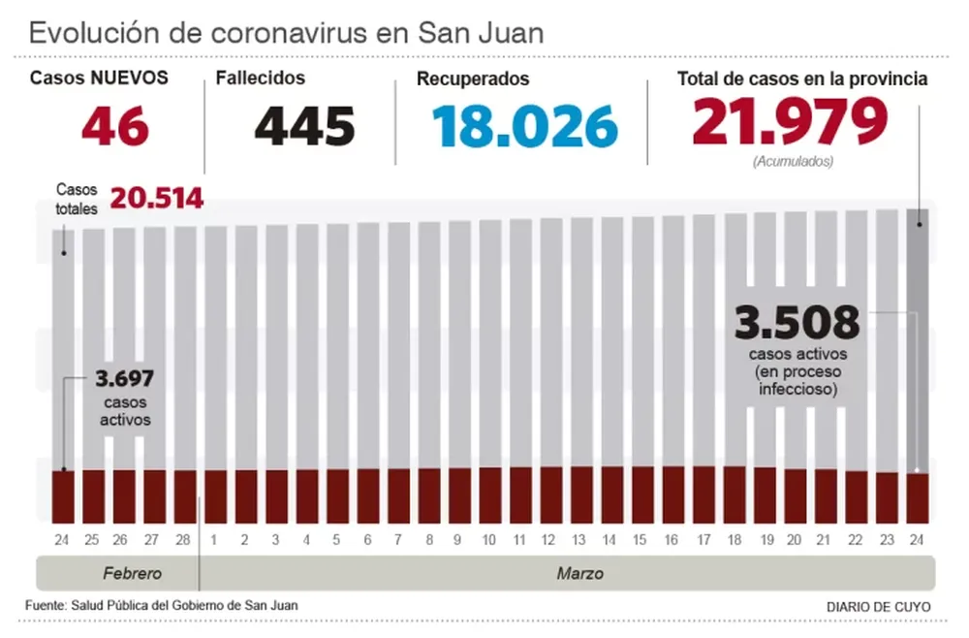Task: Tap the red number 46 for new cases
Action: point(114,125)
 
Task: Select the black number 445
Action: point(304,126)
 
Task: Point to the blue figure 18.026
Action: point(524,126)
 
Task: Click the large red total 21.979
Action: point(790,122)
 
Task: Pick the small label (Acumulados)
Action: point(792,162)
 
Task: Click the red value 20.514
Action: point(156,199)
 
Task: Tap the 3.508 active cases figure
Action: point(797,322)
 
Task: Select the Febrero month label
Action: point(132,573)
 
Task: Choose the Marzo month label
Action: point(579,573)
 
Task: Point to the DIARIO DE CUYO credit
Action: point(878,607)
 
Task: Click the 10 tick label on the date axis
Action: point(489,538)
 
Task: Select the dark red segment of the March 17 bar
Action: point(703,494)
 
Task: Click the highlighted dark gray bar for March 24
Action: point(918,339)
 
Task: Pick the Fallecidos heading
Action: point(260,79)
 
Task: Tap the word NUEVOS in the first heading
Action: point(130,79)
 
